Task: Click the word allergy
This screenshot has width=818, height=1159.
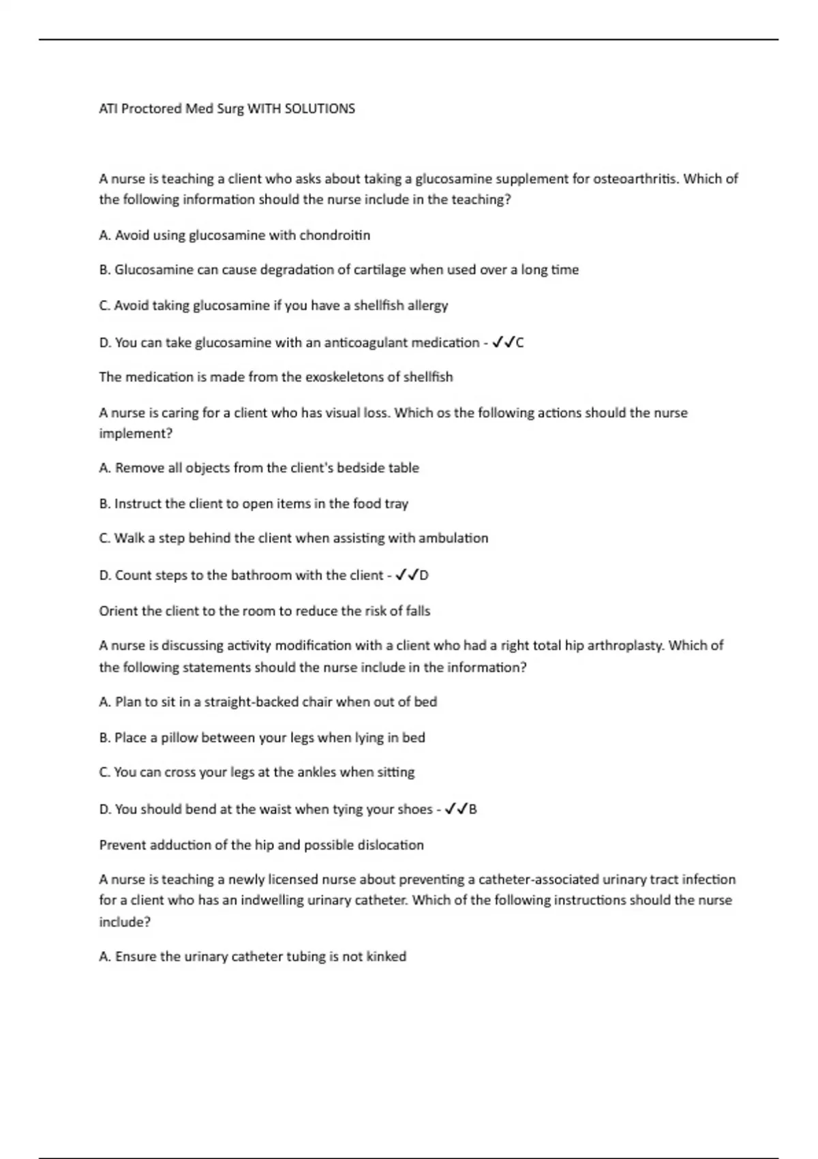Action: pyautogui.click(x=427, y=305)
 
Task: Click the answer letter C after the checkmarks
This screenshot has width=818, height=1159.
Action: pyautogui.click(x=519, y=342)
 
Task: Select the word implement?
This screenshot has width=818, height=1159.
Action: pyautogui.click(x=136, y=434)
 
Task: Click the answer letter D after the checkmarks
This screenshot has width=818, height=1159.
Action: pyautogui.click(x=424, y=575)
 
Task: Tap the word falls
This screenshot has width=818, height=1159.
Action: pyautogui.click(x=418, y=611)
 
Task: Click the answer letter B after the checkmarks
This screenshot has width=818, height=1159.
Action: pyautogui.click(x=472, y=809)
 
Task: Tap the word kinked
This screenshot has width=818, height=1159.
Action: pyautogui.click(x=387, y=957)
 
